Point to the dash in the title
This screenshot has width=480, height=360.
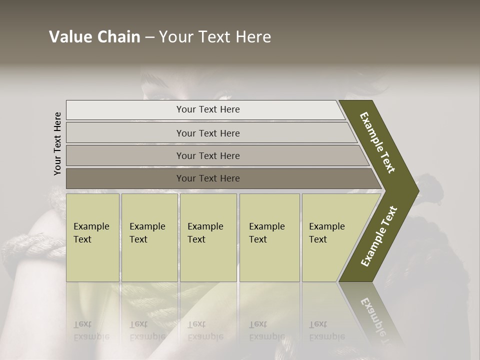point(149,37)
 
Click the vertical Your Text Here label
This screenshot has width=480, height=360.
point(57,143)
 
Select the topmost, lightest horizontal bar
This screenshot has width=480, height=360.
point(205,109)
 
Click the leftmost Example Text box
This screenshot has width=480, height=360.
point(92,237)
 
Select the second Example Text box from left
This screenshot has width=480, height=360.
point(149,237)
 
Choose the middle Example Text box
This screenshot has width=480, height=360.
point(208,237)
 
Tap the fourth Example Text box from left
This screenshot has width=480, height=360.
point(269,237)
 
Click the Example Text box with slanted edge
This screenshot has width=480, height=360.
point(327,237)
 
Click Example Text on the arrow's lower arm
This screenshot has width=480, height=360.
point(379,236)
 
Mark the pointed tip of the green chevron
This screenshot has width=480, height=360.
point(418,191)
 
